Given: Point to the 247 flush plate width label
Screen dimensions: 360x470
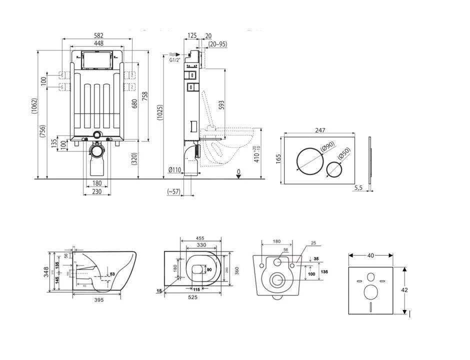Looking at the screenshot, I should pos(320,130).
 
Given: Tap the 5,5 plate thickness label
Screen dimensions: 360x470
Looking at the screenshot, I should pos(357,188).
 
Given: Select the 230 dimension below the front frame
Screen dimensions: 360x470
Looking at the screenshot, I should pos(97,191).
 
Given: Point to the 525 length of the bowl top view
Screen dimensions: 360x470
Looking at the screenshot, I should pos(192,297).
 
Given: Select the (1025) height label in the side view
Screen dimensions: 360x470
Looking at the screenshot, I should pos(160,112).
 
